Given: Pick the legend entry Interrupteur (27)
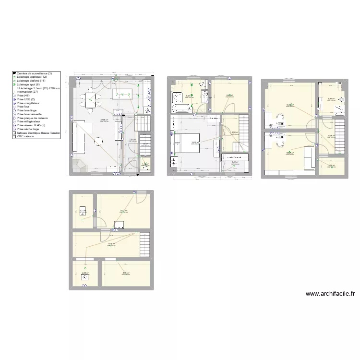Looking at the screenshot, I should tap(31, 92).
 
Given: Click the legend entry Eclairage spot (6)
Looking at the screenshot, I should tap(31, 84).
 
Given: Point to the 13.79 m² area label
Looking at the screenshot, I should tap(111, 244).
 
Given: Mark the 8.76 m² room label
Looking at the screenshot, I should tap(126, 273).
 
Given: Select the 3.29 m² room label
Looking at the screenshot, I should tap(331, 166).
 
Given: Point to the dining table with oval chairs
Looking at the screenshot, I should tap(91, 101).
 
